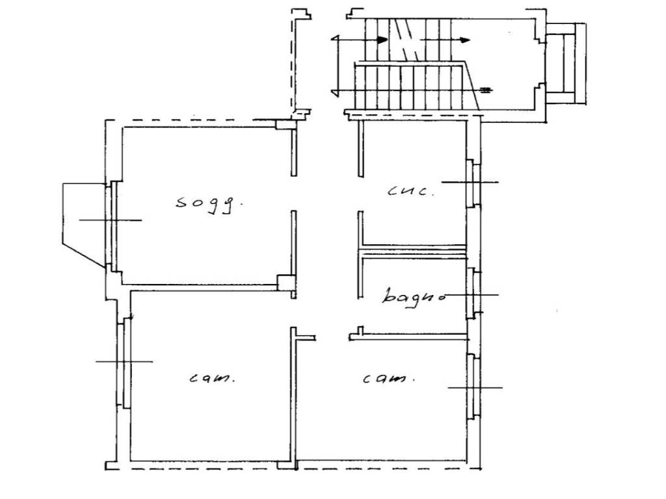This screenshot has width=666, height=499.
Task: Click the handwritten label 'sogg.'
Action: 209,203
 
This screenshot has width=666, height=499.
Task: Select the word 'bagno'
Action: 413,296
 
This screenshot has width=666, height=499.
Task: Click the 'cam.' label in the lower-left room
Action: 211,377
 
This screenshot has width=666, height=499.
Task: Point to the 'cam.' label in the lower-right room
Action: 388,378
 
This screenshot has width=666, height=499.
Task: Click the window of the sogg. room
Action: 111,225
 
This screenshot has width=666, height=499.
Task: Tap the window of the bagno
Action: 473,294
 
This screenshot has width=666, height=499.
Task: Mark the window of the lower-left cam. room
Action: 124,363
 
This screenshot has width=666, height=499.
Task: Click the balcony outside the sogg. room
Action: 84,225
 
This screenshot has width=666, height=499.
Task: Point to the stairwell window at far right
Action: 566,63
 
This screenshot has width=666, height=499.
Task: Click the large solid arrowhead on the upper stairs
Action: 382,40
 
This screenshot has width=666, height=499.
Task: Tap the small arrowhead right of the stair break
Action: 466,40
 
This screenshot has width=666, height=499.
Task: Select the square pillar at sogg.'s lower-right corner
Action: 285,282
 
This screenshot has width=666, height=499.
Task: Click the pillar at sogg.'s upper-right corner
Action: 286,124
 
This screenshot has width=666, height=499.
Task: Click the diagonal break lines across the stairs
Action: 406,40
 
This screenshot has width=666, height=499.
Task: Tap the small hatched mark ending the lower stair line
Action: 485,90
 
